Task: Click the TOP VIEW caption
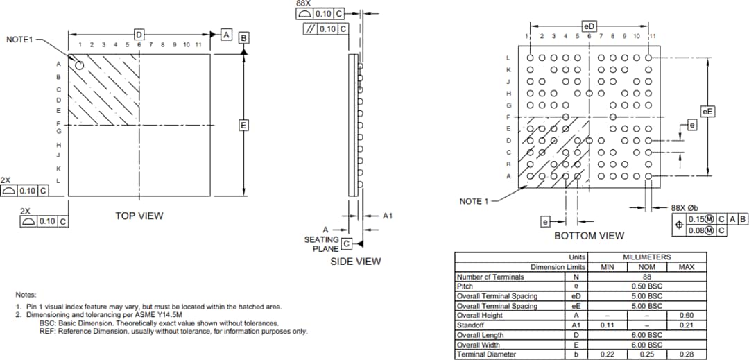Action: (139, 216)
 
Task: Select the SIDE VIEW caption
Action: (355, 262)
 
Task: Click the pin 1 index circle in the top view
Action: (80, 65)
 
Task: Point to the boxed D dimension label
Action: (139, 34)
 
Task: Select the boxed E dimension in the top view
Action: (243, 125)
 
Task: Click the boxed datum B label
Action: (243, 38)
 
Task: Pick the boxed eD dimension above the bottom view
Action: (589, 26)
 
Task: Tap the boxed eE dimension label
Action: (707, 111)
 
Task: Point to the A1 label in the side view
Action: (388, 216)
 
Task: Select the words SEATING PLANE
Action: (322, 244)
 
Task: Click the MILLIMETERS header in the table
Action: (646, 257)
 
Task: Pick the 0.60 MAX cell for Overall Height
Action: (685, 316)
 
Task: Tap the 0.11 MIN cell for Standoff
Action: (608, 325)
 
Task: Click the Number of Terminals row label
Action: (490, 277)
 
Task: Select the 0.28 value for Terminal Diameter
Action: (685, 354)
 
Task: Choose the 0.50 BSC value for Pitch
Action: (646, 286)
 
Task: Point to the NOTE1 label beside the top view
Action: (19, 40)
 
